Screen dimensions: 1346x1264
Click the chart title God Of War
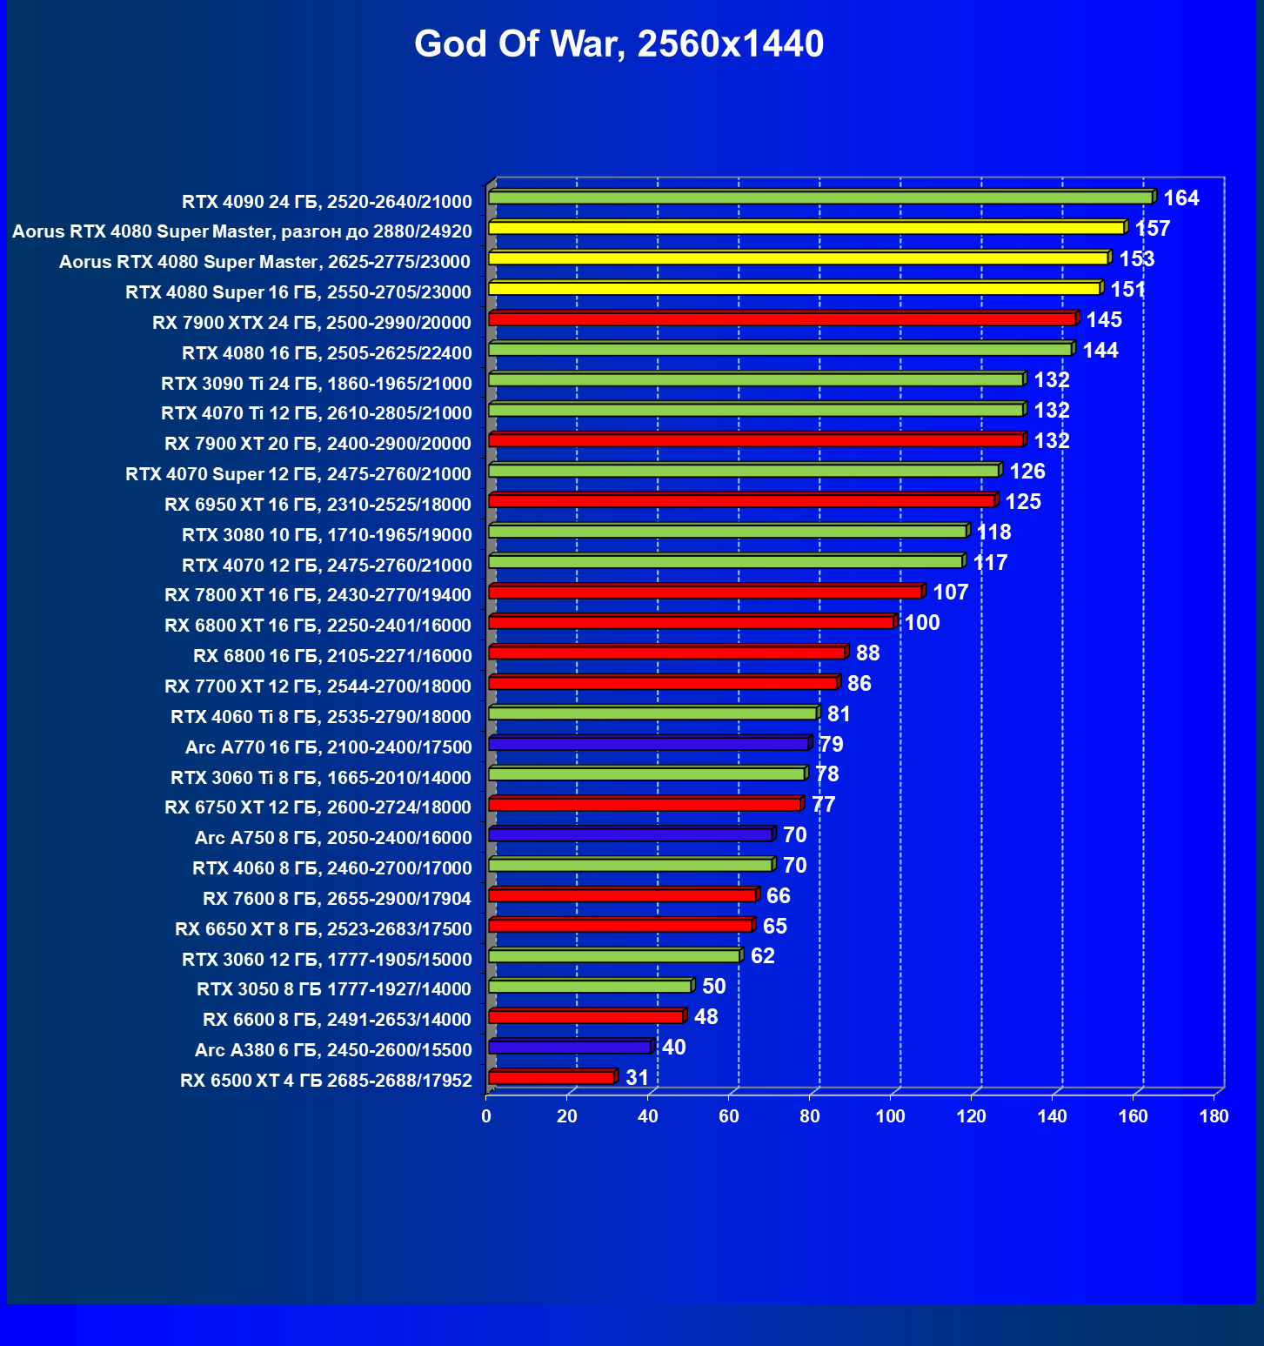619,44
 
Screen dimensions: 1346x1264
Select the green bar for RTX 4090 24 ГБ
820,198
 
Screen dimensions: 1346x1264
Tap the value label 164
1181,198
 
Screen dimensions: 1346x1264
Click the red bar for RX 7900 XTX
782,319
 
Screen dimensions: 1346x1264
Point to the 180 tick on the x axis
1214,1116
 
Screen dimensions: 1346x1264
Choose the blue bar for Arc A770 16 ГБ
649,744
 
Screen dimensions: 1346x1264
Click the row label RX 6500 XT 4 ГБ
326,1081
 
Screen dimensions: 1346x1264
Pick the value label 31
638,1078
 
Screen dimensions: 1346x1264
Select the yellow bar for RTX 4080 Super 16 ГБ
794,289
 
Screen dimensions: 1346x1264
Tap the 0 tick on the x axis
486,1116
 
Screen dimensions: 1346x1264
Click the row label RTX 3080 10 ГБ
327,535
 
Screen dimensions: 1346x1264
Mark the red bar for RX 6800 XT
692,622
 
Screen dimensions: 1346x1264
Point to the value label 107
951,593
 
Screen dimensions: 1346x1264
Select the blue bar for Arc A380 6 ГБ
570,1047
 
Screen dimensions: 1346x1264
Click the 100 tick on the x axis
891,1116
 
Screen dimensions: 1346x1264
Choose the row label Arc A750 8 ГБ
333,838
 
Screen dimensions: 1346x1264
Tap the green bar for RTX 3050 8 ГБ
591,986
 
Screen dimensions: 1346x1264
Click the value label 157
1153,229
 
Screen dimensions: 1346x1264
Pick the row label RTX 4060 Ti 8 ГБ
321,717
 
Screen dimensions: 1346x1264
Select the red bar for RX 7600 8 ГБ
622,895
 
